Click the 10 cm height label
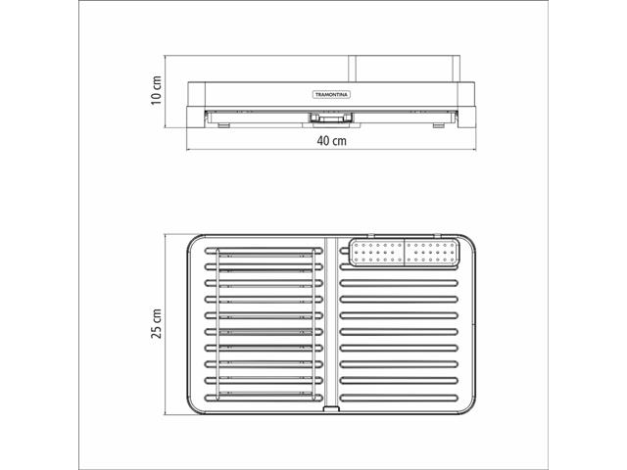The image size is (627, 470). tap(157, 90)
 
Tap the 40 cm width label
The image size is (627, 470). tap(332, 141)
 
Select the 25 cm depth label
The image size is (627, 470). tap(157, 323)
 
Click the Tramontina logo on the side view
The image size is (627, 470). tap(331, 95)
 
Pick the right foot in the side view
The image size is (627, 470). tap(439, 125)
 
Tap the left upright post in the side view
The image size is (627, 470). tap(352, 69)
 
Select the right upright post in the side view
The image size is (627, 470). tap(457, 69)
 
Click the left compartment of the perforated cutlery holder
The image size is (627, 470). tap(377, 253)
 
